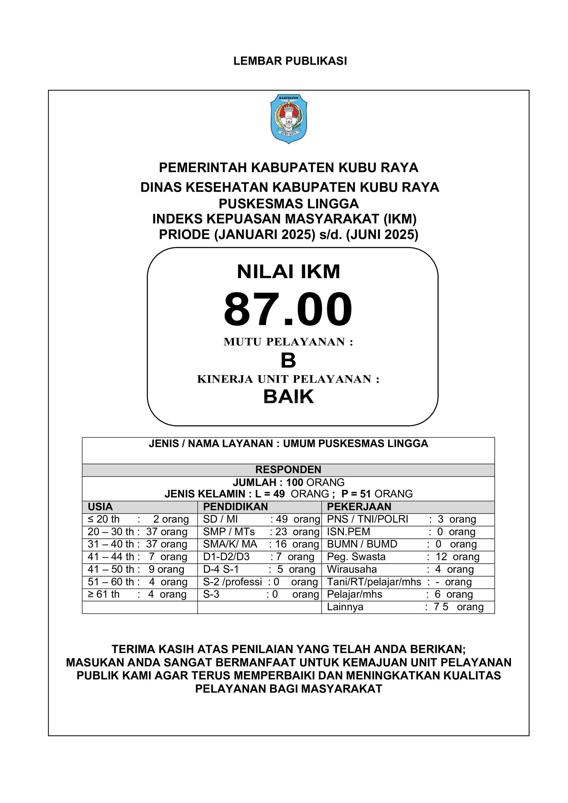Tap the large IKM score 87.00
tap(288, 309)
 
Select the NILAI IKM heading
tap(289, 272)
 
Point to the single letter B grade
tap(288, 361)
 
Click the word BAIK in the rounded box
tap(289, 396)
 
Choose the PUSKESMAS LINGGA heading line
tap(289, 204)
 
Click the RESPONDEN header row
tap(288, 469)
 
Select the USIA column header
tap(100, 507)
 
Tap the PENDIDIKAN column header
tap(235, 507)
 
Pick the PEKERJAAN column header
tap(359, 507)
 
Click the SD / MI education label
tap(220, 519)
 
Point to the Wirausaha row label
tap(352, 569)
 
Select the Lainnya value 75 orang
tap(458, 607)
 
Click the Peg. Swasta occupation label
tap(356, 557)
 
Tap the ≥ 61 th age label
tap(104, 594)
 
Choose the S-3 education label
tap(211, 594)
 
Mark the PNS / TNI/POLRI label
tap(367, 519)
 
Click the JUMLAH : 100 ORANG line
tap(289, 482)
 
